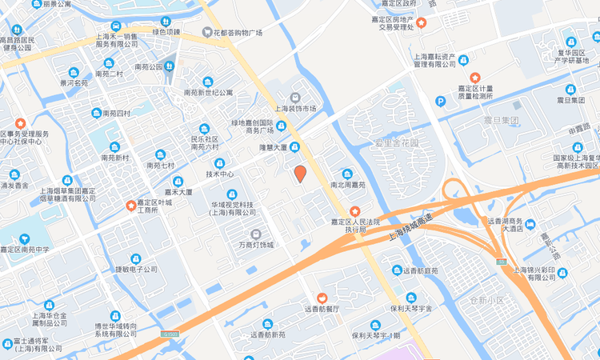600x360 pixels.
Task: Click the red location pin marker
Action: tap(300, 173)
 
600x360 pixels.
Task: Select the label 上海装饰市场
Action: tap(296, 108)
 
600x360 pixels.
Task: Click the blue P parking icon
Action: tap(440, 101)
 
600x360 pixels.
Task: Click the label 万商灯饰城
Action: tap(256, 244)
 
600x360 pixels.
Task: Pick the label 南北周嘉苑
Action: tap(347, 184)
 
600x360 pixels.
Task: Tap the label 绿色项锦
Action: tap(166, 32)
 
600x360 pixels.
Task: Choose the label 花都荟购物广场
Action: tap(238, 33)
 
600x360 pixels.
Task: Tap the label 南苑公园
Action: tap(149, 67)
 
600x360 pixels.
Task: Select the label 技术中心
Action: tap(220, 174)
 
